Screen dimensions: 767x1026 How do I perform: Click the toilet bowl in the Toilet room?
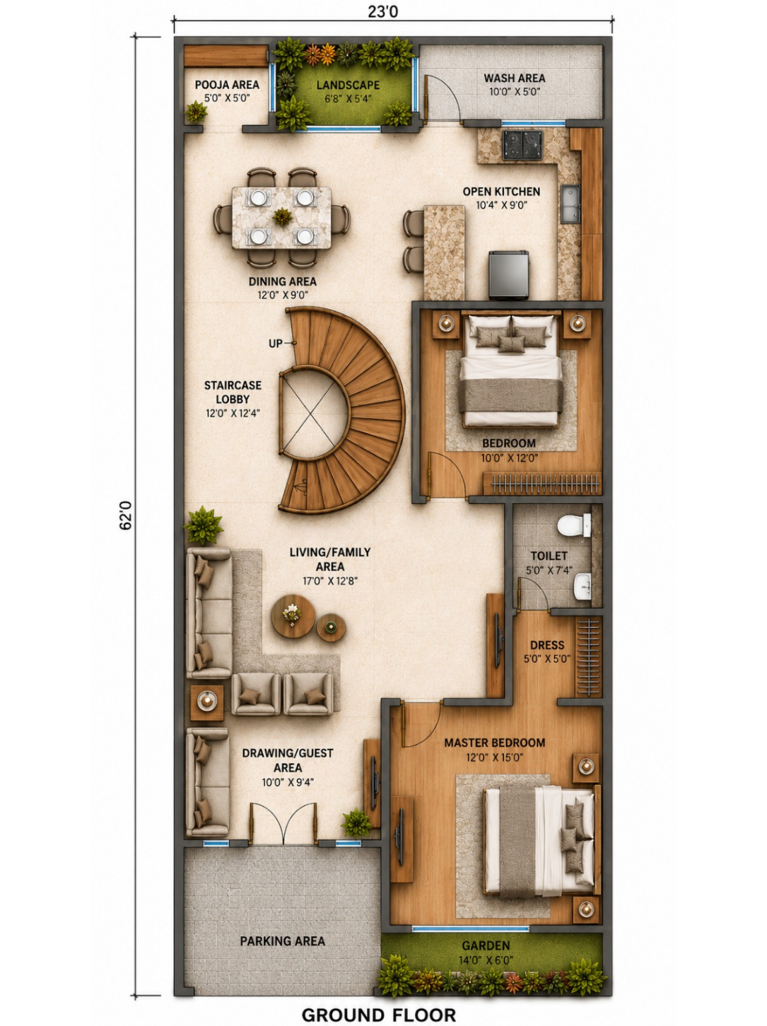click(574, 525)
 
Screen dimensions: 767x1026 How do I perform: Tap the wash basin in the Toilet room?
click(582, 587)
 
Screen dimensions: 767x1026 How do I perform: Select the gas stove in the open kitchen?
click(522, 145)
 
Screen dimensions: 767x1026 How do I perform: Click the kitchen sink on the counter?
click(570, 203)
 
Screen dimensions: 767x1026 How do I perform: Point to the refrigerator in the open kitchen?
click(509, 275)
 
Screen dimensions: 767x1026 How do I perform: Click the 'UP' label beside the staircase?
click(275, 344)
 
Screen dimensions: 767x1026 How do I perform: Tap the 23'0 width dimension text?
click(383, 12)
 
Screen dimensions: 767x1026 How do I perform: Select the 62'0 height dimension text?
click(126, 515)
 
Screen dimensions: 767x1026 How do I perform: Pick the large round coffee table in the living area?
click(293, 616)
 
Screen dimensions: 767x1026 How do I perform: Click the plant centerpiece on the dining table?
click(283, 216)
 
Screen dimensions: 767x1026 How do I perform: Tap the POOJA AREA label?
click(227, 85)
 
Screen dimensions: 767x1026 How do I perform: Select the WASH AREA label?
click(515, 78)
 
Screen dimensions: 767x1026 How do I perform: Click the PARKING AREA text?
click(283, 941)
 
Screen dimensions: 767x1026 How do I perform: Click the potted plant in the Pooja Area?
click(196, 112)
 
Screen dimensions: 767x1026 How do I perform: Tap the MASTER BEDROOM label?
click(495, 742)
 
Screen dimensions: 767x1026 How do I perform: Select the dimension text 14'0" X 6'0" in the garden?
click(486, 960)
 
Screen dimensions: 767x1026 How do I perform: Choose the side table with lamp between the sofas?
click(207, 703)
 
